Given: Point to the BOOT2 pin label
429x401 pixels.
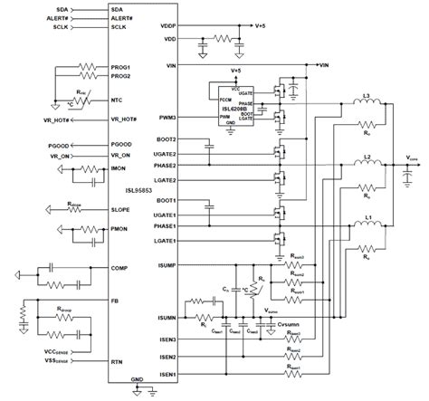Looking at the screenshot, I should pyautogui.click(x=163, y=139).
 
